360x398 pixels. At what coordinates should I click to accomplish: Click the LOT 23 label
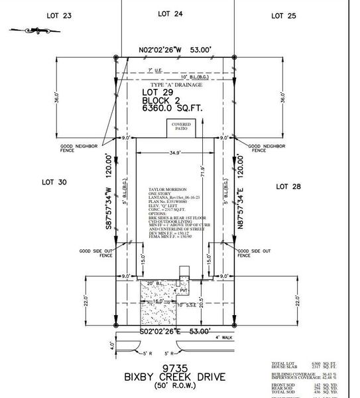point(58,15)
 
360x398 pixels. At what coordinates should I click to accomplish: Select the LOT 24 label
point(170,13)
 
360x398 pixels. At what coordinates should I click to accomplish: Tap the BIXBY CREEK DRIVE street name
point(175,377)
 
